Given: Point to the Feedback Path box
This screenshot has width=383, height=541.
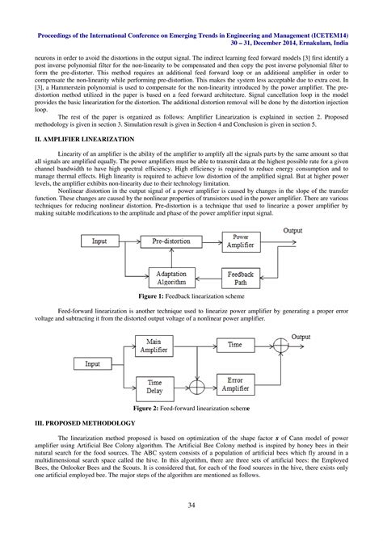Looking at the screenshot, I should click(x=240, y=279).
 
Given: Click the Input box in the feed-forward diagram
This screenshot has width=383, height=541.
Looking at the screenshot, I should click(x=94, y=364).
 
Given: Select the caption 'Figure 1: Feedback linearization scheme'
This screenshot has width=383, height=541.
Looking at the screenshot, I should click(x=191, y=296).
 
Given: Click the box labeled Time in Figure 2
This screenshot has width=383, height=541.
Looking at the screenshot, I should click(x=234, y=345).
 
